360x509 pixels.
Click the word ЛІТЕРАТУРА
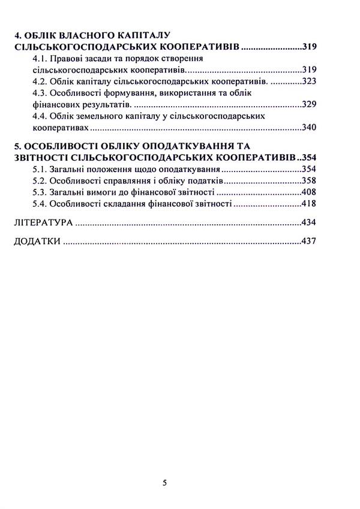[40, 223]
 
